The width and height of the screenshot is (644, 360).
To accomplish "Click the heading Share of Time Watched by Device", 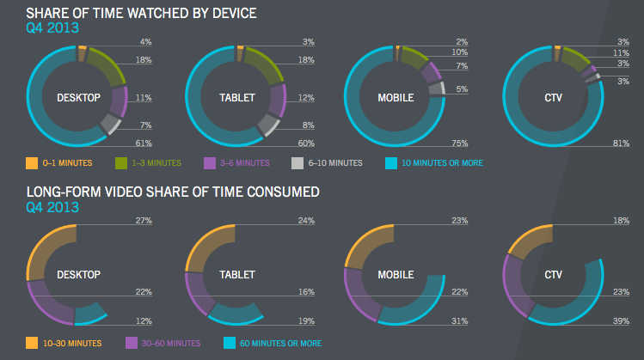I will pos(141,13).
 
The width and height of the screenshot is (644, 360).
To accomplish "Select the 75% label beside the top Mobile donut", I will pos(461,143).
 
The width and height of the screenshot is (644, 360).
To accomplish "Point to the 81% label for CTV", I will pos(623,143).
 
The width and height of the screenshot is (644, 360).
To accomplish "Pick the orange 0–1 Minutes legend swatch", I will pos(32,162).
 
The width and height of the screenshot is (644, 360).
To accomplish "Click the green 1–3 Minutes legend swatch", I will pos(121,162).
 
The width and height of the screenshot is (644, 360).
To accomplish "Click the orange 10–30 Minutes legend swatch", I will pos(32,343).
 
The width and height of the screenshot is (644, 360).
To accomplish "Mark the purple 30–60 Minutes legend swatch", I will pos(132,343).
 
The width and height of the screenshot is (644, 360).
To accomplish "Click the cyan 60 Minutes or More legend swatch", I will pos(230,343).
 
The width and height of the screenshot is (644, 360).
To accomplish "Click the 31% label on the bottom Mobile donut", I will pos(461,321).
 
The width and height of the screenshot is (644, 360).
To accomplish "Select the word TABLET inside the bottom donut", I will pos(237,275).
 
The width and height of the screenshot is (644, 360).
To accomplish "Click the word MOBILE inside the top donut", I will pos(396,96).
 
